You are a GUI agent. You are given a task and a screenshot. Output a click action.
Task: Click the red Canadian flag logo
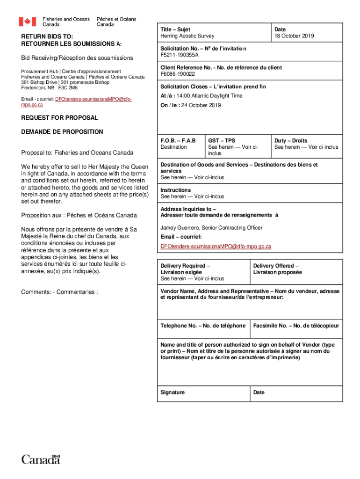(x=27, y=22)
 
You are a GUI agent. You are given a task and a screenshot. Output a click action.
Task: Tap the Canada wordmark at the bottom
(x=41, y=459)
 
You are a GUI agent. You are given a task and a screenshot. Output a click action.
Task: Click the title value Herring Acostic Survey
(x=187, y=36)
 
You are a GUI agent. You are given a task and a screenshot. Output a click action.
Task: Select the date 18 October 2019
(x=294, y=36)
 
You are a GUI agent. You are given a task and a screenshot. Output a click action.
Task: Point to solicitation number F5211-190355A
(x=180, y=55)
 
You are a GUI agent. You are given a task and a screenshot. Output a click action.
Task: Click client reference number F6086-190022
(x=178, y=74)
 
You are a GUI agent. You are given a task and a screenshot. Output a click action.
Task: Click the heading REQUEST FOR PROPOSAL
(x=59, y=118)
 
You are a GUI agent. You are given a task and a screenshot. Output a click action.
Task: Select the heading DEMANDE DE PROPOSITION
(x=62, y=132)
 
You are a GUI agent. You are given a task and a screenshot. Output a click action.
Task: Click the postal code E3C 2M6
(x=68, y=87)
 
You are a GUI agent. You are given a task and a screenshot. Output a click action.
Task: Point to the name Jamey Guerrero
(x=180, y=228)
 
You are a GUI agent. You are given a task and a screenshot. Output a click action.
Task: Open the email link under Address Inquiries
(x=216, y=246)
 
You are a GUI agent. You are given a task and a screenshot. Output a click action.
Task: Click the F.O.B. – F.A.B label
(x=178, y=140)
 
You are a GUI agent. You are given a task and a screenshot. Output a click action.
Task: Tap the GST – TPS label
(x=222, y=140)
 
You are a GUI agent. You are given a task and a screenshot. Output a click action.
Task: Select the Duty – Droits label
(x=291, y=140)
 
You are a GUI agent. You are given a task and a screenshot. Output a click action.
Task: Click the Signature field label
(x=173, y=392)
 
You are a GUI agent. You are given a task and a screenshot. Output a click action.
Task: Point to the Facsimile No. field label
(x=296, y=326)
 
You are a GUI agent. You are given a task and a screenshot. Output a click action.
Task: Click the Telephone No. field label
(x=203, y=326)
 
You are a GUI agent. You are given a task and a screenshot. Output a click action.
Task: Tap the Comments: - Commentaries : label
(x=59, y=292)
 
